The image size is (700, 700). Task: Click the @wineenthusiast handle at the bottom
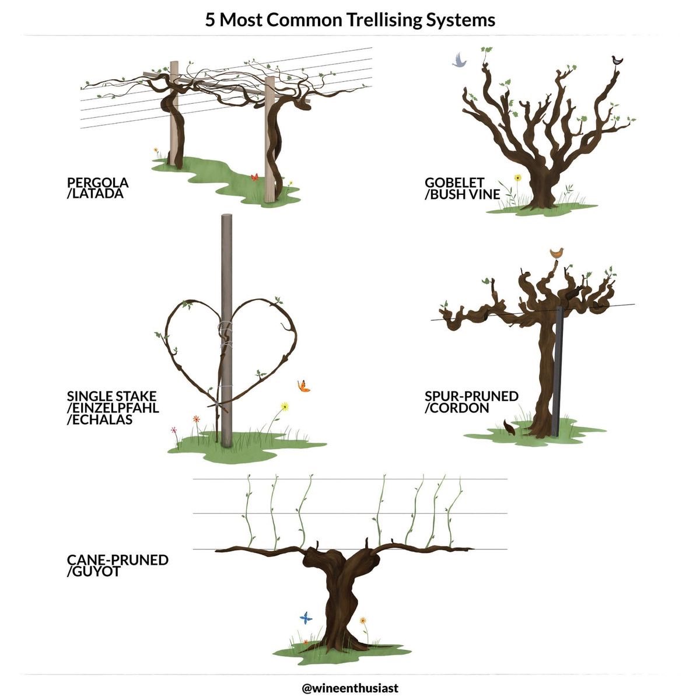point(350,688)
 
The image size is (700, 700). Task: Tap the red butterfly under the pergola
point(254,176)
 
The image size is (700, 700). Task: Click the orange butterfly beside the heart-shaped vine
point(303,386)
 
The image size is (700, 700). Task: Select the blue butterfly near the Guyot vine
point(306,617)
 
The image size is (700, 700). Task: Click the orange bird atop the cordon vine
point(557,253)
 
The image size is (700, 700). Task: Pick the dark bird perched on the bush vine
point(617,60)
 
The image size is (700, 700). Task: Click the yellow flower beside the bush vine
point(517,178)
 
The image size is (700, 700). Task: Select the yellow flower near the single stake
point(285,406)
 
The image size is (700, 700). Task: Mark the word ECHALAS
point(99,419)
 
